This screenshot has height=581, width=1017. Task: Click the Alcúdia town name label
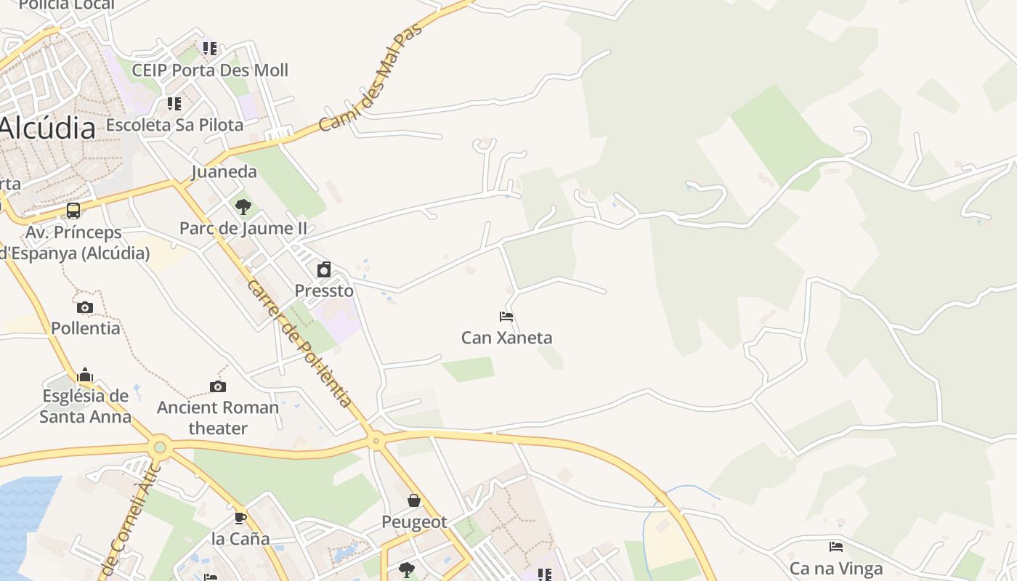tap(48, 129)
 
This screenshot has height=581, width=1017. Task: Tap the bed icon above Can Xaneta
tap(506, 317)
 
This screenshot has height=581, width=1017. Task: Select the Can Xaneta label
tap(506, 338)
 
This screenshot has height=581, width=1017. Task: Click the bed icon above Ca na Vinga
tap(836, 547)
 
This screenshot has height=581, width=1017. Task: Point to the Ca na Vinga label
tap(836, 568)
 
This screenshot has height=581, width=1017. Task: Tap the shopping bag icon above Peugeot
tap(414, 500)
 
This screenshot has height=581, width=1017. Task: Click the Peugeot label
tap(414, 522)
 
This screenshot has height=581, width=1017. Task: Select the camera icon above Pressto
tap(324, 270)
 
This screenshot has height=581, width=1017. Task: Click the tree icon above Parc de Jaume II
tap(243, 207)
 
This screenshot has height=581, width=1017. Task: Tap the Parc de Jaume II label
tap(243, 228)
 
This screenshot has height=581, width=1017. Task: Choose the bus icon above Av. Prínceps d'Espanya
tap(73, 211)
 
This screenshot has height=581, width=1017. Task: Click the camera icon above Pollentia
tap(85, 307)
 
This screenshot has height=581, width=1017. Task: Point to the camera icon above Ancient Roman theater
tap(218, 386)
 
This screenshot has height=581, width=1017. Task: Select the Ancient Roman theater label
tap(218, 418)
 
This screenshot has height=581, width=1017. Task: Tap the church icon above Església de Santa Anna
tap(85, 375)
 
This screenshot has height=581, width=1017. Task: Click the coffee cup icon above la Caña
tap(240, 518)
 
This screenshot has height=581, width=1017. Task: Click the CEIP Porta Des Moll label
tap(210, 70)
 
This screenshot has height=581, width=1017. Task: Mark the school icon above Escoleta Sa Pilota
tap(174, 104)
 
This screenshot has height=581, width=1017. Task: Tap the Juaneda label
tap(224, 171)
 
